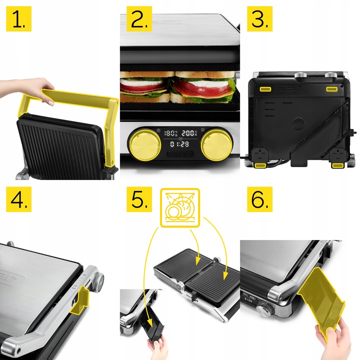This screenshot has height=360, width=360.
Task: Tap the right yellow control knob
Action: (214, 145)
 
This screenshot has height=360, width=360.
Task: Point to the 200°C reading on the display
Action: (189, 133)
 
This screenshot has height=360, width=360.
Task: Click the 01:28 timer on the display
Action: (178, 144)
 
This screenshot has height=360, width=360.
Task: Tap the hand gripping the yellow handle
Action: (37, 90)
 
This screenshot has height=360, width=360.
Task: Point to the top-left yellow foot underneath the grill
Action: (264, 89)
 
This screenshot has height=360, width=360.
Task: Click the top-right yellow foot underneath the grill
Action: (331, 88)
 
